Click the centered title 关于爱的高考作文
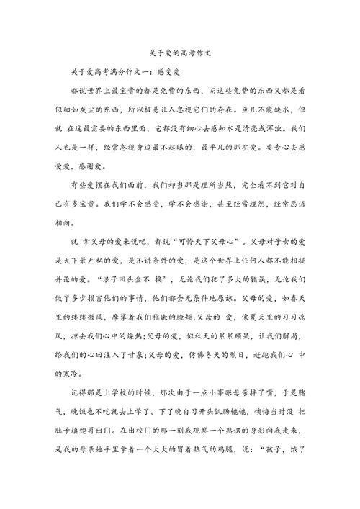coord(180,54)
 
